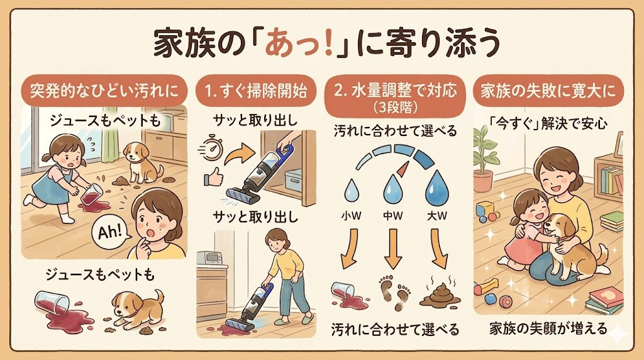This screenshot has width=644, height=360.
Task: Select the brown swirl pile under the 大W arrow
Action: [x=440, y=292]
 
